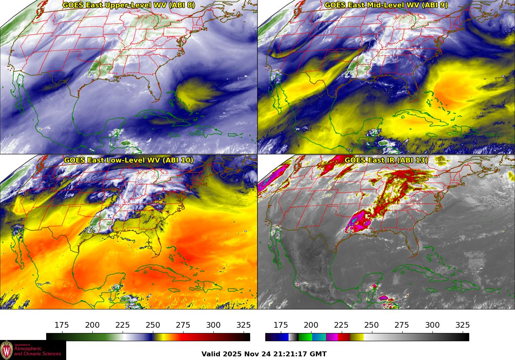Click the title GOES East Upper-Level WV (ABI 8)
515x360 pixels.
(129, 5)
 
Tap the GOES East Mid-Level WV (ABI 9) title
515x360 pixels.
(386, 5)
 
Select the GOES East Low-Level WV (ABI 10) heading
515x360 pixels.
(129, 160)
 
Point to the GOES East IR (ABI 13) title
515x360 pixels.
(386, 160)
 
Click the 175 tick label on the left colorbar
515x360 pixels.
(62, 325)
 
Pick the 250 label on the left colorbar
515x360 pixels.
(153, 325)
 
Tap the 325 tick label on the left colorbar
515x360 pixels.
(244, 325)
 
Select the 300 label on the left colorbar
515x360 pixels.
(213, 325)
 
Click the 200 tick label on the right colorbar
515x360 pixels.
(311, 325)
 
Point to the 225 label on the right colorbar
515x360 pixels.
(341, 325)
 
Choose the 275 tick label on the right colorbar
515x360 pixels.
(402, 325)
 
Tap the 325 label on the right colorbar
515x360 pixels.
(463, 325)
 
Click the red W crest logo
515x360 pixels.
(7, 350)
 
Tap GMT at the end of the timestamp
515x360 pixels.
(318, 354)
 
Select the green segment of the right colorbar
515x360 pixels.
(305, 337)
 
